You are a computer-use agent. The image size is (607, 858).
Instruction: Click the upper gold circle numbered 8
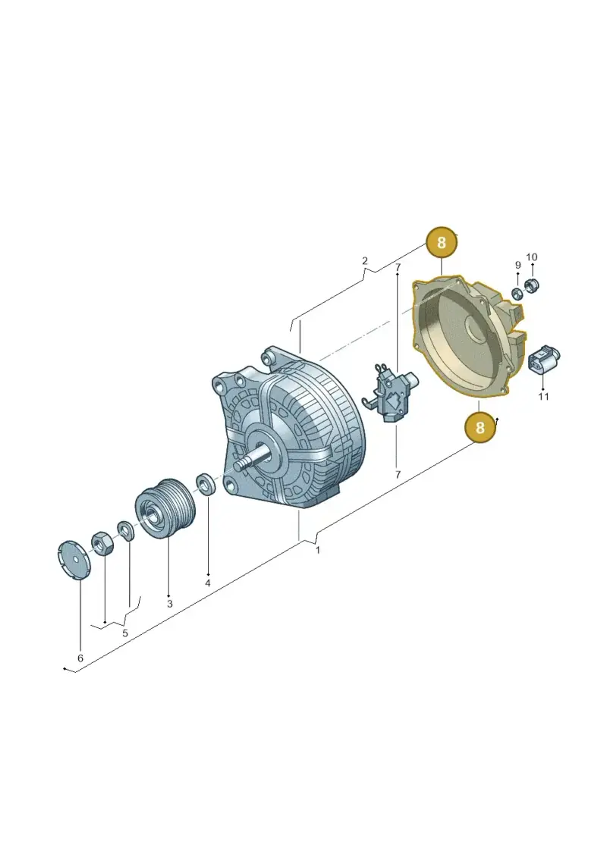(x=441, y=242)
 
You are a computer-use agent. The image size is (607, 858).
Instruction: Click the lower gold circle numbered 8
(x=480, y=427)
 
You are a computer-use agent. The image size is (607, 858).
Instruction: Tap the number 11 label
(x=543, y=396)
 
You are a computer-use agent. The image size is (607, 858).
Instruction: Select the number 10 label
(x=531, y=257)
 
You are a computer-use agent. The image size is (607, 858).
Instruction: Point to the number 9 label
(x=517, y=266)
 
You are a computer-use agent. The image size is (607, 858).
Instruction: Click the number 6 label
(x=80, y=658)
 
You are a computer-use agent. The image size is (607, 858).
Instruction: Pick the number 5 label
(x=124, y=633)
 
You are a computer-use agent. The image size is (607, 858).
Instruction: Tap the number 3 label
(x=170, y=604)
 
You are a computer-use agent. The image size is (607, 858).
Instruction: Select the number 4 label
(x=207, y=583)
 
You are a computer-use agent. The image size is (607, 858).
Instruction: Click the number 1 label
(x=318, y=550)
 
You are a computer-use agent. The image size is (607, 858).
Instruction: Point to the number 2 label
(x=365, y=261)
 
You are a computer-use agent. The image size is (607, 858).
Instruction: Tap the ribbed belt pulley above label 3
(x=163, y=508)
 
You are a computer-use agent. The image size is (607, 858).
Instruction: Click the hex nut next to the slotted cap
(x=102, y=543)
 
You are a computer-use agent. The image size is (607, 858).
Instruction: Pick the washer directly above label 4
(x=206, y=484)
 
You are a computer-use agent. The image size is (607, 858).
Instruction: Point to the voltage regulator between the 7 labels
(x=393, y=392)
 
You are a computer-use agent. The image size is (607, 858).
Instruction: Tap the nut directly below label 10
(x=532, y=286)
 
